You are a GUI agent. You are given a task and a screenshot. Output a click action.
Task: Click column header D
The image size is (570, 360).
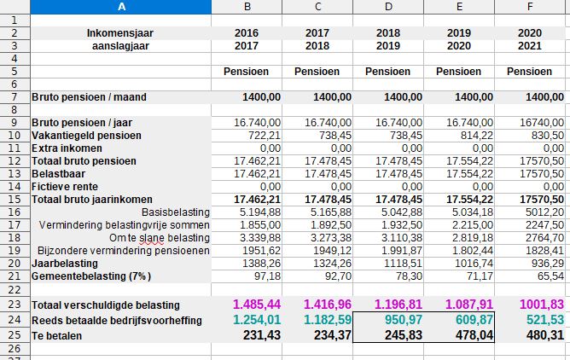(x=387, y=7)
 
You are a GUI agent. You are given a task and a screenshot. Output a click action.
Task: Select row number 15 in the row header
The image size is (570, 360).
(x=15, y=199)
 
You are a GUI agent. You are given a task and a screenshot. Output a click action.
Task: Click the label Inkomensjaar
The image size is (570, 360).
(x=120, y=32)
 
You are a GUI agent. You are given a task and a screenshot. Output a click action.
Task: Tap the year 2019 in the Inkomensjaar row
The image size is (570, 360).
(x=458, y=32)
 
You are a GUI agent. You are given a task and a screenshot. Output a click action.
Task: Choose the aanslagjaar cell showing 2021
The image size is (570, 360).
(x=529, y=45)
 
